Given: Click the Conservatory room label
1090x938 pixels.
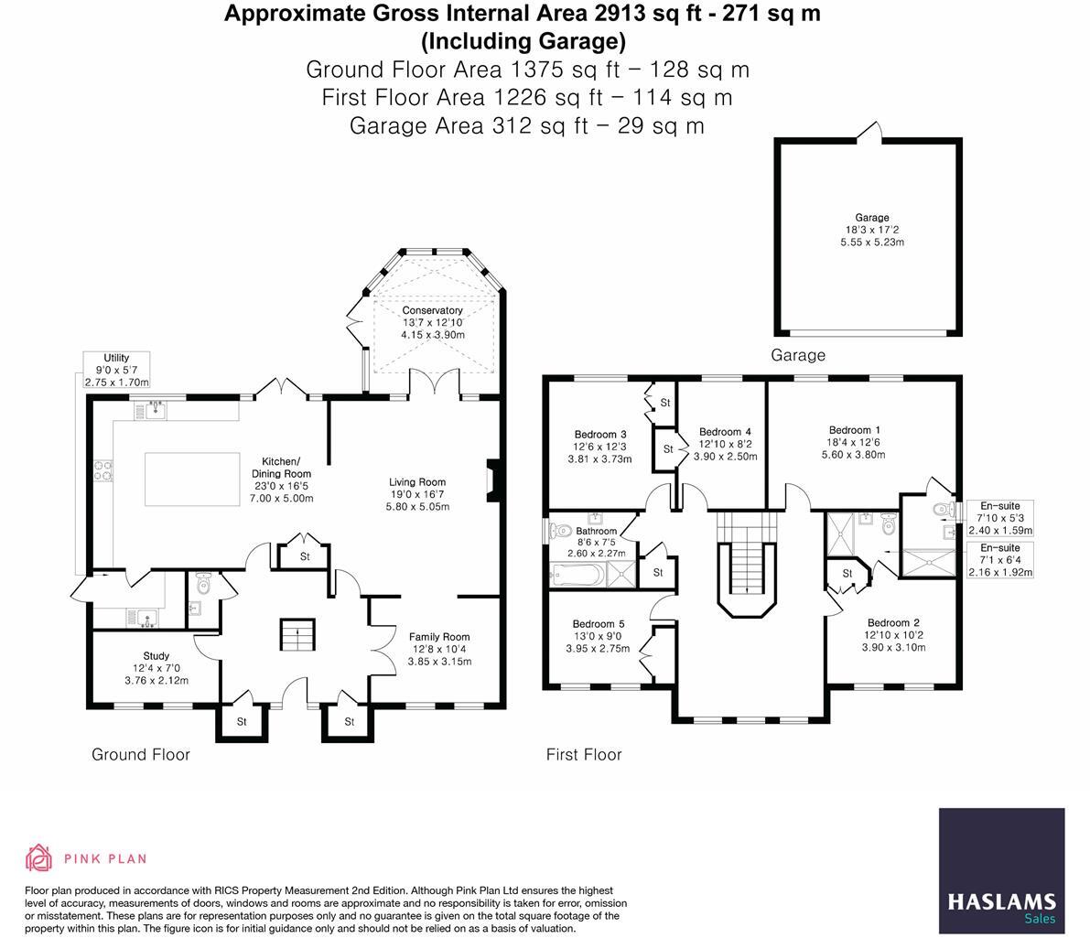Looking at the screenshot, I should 433,311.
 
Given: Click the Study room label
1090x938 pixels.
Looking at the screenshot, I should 156,656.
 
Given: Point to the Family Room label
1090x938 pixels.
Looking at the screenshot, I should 439,637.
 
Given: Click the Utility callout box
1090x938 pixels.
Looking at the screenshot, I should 116,370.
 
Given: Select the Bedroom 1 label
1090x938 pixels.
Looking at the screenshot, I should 854,430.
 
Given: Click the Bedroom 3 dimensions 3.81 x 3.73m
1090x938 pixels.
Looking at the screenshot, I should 600,459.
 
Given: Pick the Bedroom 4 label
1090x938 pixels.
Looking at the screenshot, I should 725,432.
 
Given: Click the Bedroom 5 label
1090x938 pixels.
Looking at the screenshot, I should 599,624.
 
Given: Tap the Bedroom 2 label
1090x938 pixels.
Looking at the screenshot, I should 893,622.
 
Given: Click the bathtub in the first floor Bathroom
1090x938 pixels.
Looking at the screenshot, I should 577,575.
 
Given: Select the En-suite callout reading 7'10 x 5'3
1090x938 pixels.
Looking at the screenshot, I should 1000,518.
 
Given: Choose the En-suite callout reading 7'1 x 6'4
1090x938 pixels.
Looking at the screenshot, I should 1000,560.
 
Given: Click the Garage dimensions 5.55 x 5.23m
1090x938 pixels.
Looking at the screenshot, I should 871,243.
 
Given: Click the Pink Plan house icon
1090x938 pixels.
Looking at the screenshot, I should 38,858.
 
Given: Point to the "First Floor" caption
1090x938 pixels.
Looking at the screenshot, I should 584,755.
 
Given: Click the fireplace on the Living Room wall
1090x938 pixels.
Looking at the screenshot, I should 492,480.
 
